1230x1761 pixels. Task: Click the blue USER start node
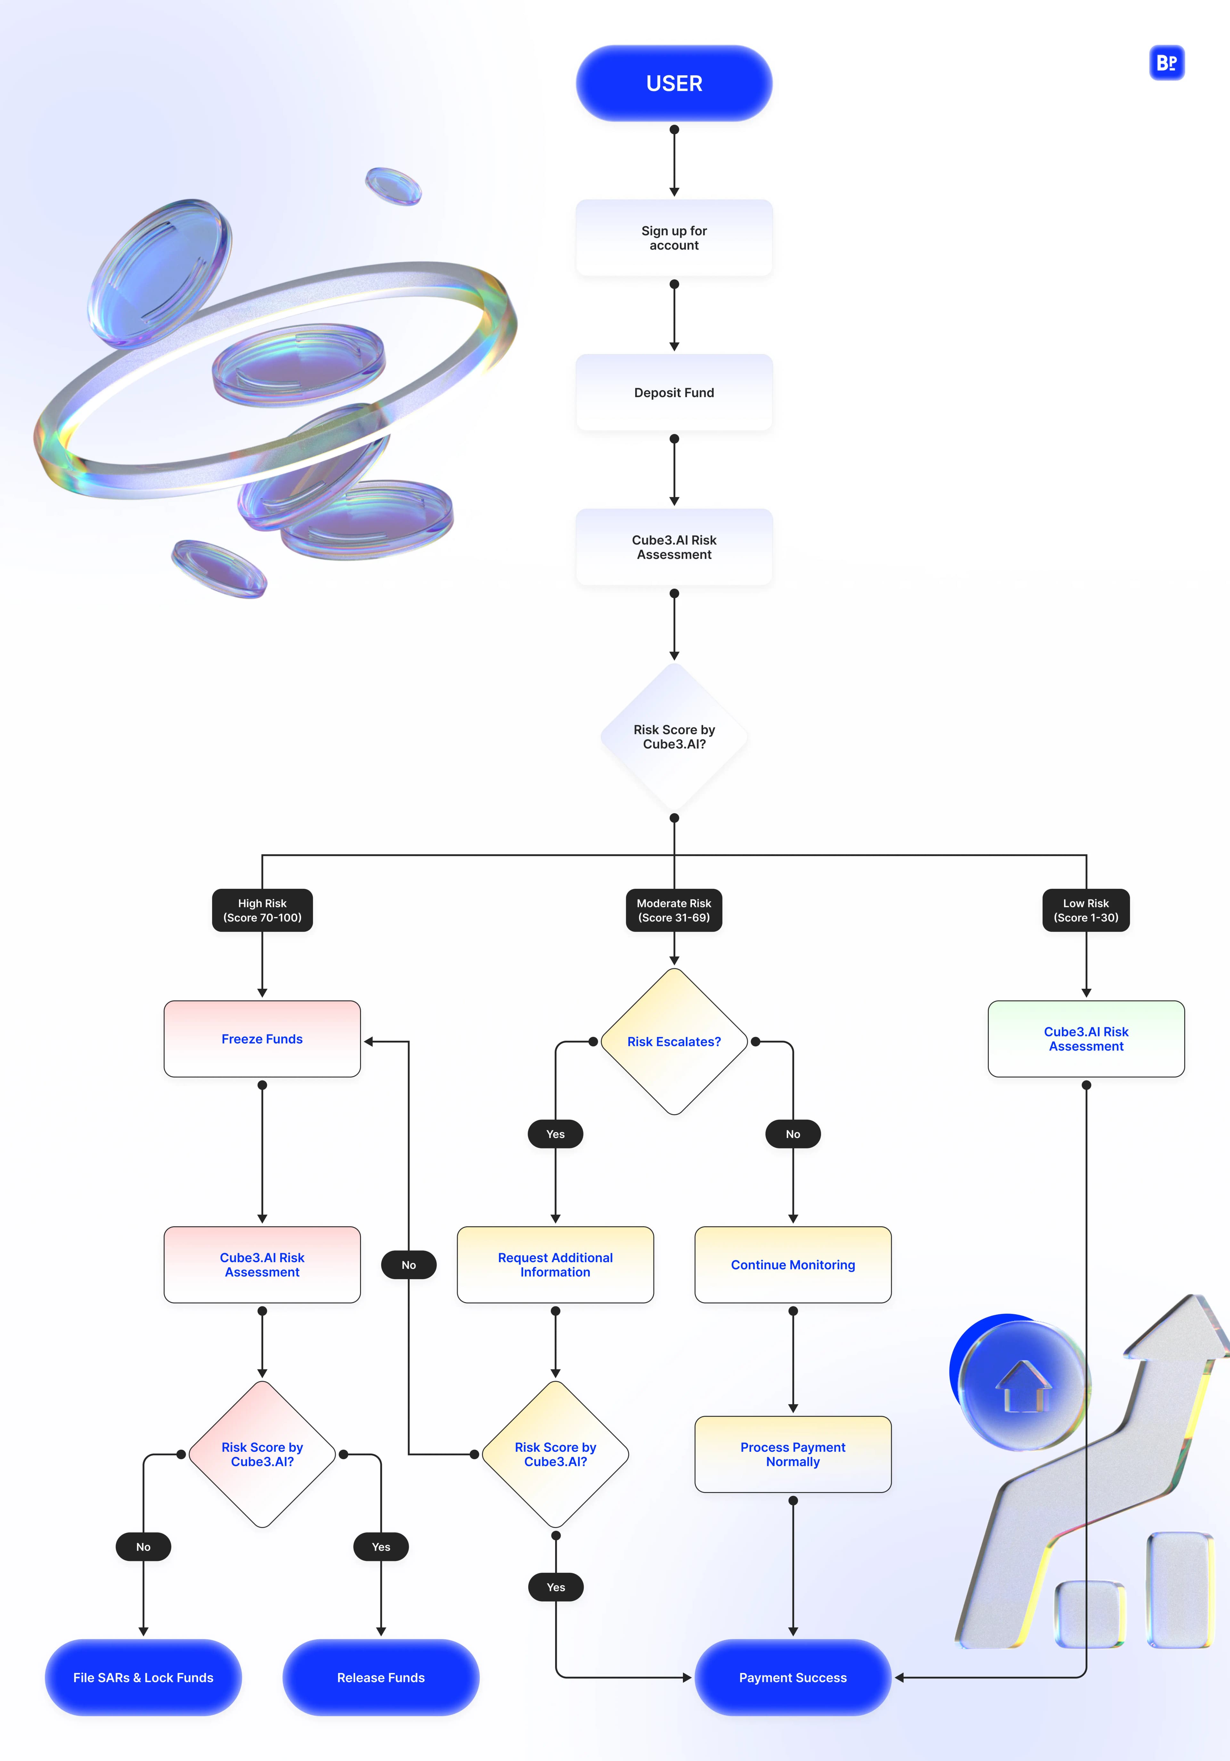[x=674, y=83]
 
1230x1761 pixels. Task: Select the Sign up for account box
[x=674, y=238]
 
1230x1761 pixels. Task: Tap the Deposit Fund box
[x=674, y=393]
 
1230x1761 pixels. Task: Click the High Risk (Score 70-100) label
[x=262, y=910]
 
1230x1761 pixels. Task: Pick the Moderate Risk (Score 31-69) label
[x=674, y=910]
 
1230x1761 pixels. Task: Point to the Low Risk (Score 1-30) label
[x=1086, y=910]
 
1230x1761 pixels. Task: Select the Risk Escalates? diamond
[x=674, y=1042]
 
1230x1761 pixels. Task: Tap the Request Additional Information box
[x=555, y=1265]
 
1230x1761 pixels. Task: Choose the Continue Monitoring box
[x=793, y=1265]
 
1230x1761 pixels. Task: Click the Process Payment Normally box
[x=793, y=1454]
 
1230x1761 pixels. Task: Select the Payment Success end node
[x=793, y=1677]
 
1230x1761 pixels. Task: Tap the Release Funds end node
[x=381, y=1677]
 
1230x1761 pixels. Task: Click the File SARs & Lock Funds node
[x=143, y=1677]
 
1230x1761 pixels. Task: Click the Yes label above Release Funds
[x=381, y=1547]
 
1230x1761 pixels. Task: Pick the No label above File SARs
[x=143, y=1547]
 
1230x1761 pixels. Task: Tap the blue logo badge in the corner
[x=1166, y=63]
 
